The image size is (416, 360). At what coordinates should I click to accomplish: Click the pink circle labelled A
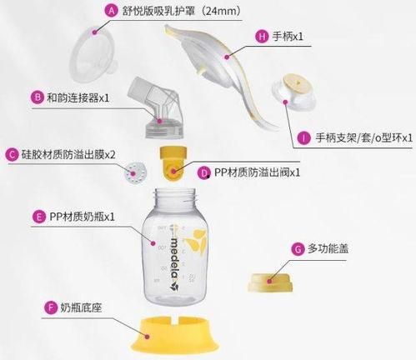111,11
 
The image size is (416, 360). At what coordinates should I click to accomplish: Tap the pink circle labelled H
262,37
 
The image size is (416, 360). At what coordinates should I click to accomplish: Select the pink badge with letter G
298,249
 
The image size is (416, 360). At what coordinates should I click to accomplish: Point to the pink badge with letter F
51,307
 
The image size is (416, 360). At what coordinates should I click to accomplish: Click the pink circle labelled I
303,137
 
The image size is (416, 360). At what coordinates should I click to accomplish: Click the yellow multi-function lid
270,282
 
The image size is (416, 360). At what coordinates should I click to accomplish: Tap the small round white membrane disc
135,173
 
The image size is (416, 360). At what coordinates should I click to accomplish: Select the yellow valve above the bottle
173,164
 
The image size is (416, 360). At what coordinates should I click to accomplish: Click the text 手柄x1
288,37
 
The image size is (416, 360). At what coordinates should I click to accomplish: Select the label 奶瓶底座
81,307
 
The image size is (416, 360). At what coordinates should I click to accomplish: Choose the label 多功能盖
328,248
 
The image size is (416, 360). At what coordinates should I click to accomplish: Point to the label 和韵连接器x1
78,97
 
